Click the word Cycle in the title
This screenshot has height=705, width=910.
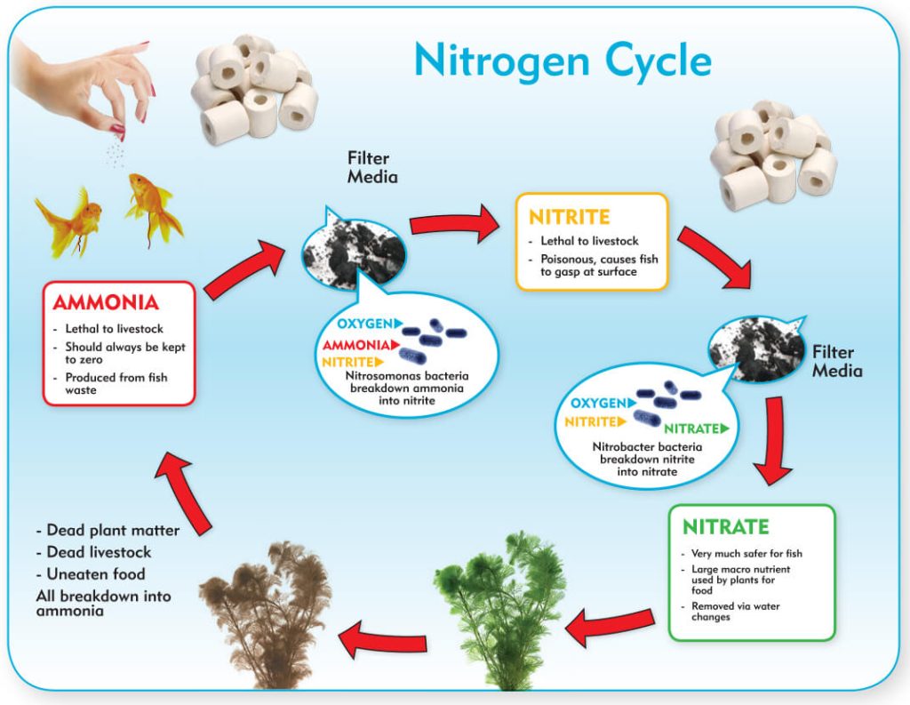tap(658, 61)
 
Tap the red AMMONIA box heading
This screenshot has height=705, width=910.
tap(106, 302)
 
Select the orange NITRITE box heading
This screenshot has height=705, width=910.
tap(570, 217)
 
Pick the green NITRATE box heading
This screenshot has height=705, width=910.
tap(725, 526)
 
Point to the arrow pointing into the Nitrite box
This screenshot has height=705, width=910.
tap(454, 223)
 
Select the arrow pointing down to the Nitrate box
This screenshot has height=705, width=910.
tap(773, 441)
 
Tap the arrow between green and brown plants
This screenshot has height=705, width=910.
tap(382, 639)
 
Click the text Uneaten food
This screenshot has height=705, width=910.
tap(91, 573)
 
